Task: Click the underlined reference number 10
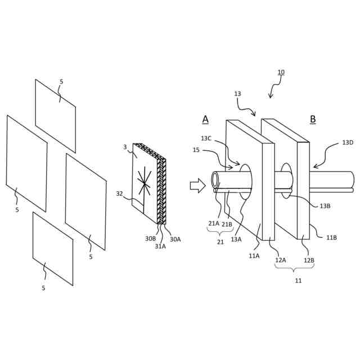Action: click(281, 73)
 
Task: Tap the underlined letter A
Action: click(205, 119)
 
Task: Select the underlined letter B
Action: click(313, 119)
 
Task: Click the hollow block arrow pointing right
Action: click(197, 185)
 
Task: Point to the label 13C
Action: click(206, 138)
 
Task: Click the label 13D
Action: click(348, 143)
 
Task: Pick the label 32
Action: click(119, 193)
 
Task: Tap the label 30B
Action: click(150, 238)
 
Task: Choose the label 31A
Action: click(161, 246)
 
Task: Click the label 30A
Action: click(175, 239)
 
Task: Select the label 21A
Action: click(214, 223)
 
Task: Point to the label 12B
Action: click(309, 260)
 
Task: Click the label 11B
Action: click(332, 237)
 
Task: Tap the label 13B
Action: click(325, 206)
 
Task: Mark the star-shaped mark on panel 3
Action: click(145, 183)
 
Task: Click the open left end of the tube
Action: click(215, 179)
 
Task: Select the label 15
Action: click(196, 150)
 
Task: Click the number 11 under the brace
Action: click(298, 280)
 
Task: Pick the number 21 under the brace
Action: click(220, 242)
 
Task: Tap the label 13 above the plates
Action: click(237, 94)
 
